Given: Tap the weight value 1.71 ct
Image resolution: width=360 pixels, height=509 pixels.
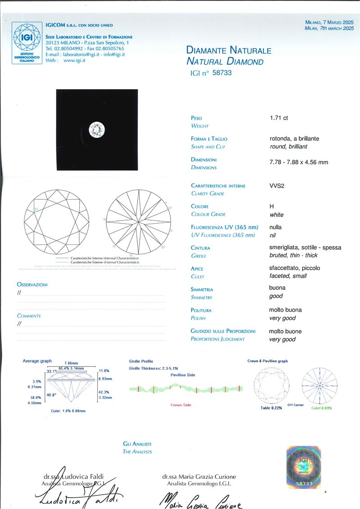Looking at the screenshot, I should click(279, 118).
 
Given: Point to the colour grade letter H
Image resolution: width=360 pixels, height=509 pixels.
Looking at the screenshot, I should click(272, 206).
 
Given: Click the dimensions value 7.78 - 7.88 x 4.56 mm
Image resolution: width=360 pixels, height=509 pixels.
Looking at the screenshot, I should click(298, 162).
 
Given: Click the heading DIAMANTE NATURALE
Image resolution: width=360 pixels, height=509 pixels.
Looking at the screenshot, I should click(229, 50).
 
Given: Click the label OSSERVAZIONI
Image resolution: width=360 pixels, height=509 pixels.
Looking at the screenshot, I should click(32, 285).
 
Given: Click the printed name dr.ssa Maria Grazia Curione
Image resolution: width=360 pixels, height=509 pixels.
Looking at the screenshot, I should click(199, 477).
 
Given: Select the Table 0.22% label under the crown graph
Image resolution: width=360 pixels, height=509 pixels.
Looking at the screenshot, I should click(271, 408).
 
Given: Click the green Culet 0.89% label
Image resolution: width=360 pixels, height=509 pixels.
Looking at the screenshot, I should click(322, 408).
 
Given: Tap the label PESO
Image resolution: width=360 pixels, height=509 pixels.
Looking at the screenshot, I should click(197, 118).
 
